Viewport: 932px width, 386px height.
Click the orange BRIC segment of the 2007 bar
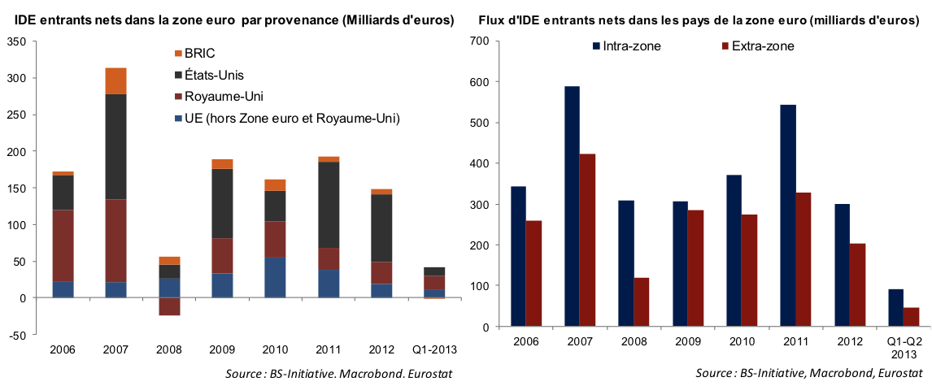(115, 80)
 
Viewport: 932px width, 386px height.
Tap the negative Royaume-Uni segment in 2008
(169, 306)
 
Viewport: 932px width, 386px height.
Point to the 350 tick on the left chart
(15, 41)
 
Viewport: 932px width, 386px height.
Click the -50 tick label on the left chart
(15, 334)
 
